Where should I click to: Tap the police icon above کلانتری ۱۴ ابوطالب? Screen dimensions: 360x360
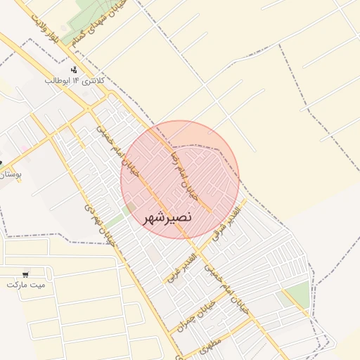[x=74, y=70]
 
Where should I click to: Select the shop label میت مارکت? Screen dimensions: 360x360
[x=25, y=285]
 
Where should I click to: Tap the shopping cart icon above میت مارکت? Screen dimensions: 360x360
[x=26, y=274]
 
